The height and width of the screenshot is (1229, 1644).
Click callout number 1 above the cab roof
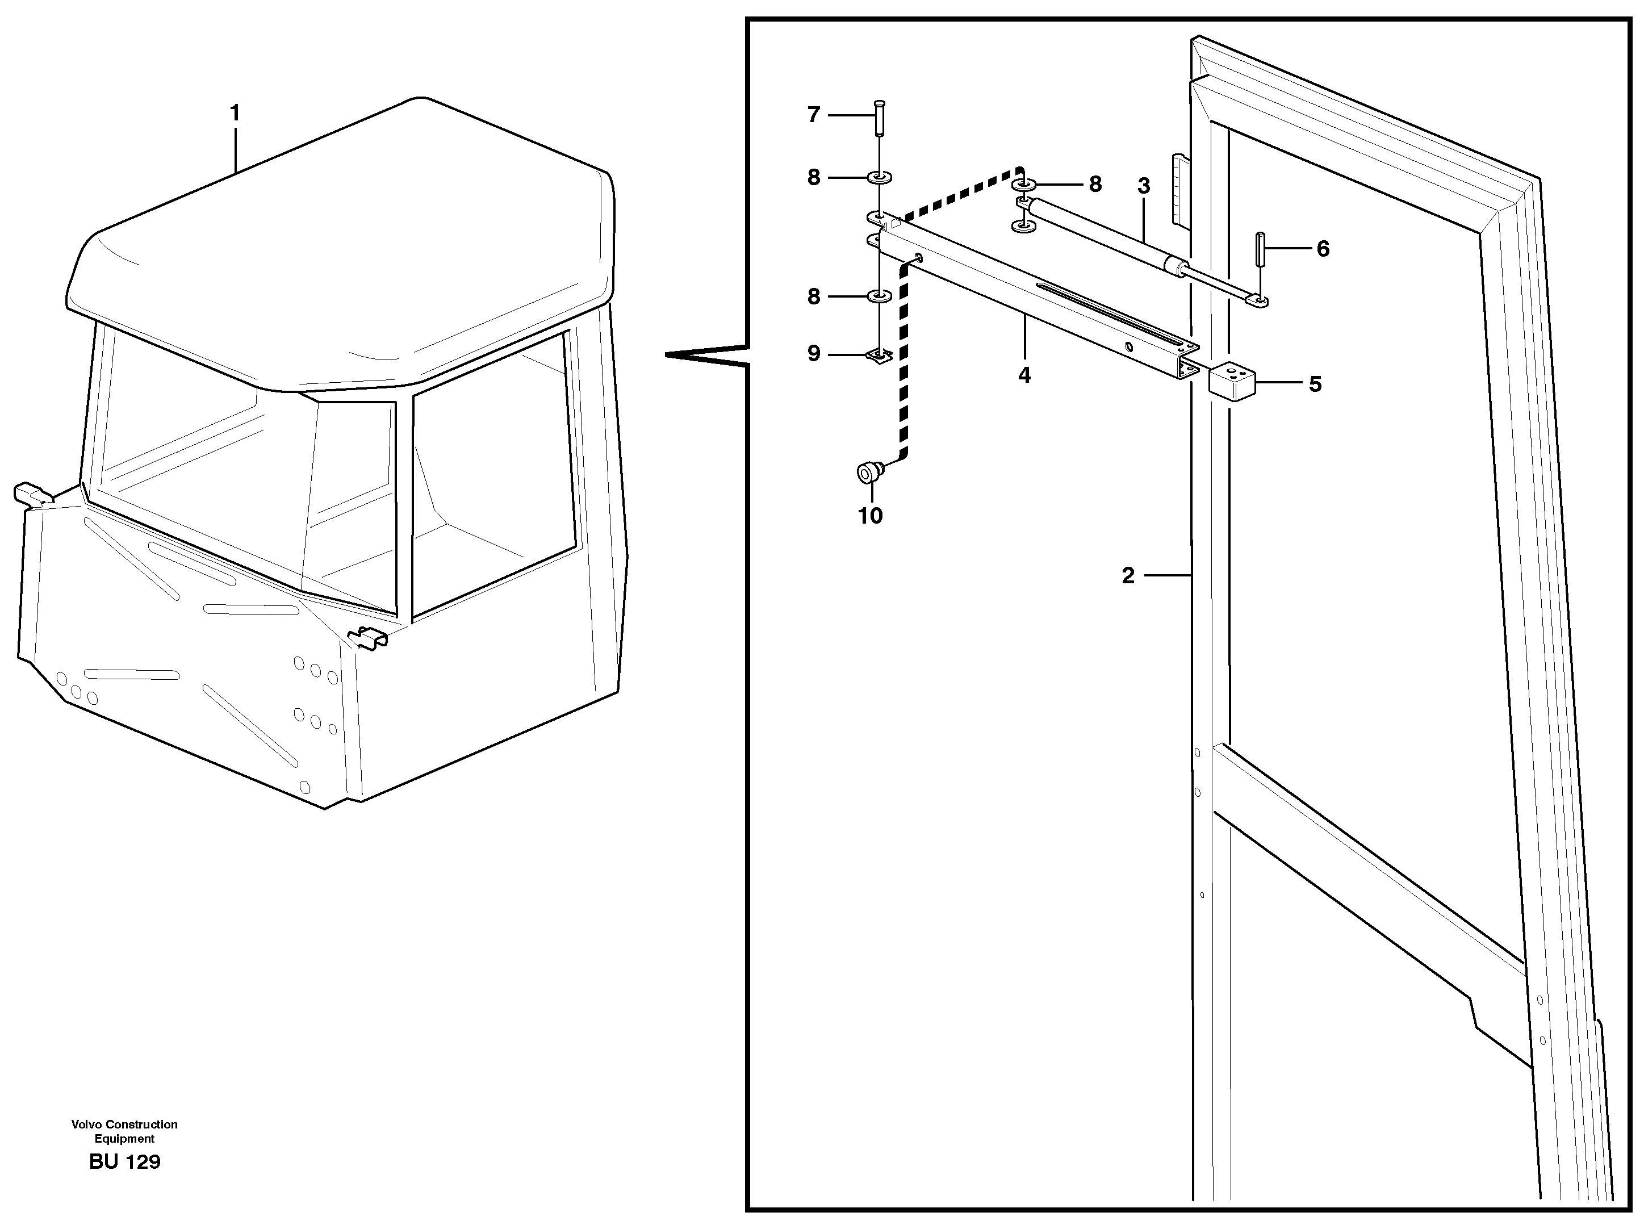click(x=235, y=114)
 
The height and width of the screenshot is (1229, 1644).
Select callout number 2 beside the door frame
click(x=1128, y=575)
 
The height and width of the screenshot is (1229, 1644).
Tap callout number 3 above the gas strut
click(x=1144, y=186)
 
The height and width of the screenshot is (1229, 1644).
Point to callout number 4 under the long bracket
click(x=1024, y=375)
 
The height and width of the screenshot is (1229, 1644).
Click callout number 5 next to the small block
click(x=1315, y=384)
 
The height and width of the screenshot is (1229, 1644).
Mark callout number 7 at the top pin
click(x=814, y=115)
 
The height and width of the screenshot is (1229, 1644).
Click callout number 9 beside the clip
click(x=814, y=354)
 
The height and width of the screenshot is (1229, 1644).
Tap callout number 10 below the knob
click(x=871, y=515)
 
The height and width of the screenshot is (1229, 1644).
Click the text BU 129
click(x=124, y=1162)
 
